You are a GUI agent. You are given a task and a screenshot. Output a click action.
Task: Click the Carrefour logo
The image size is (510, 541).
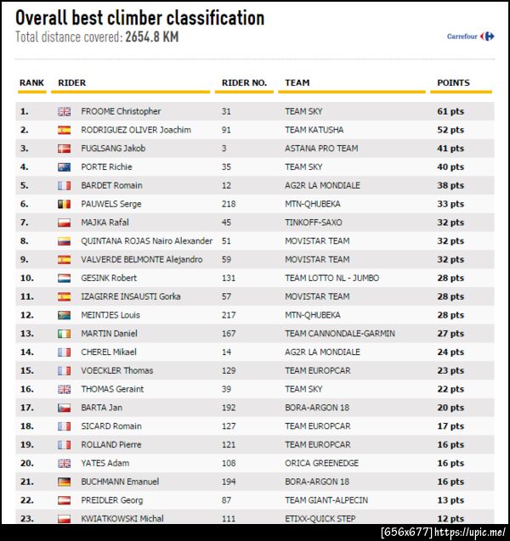pyautogui.click(x=471, y=37)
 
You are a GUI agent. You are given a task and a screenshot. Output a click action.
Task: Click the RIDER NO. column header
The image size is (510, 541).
pyautogui.click(x=244, y=83)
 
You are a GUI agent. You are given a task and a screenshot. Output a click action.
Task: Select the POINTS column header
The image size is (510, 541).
pyautogui.click(x=453, y=83)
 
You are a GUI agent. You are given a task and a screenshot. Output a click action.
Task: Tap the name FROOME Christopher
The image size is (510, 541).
pyautogui.click(x=121, y=111)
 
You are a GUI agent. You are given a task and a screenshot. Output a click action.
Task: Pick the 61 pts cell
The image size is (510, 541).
pyautogui.click(x=450, y=111)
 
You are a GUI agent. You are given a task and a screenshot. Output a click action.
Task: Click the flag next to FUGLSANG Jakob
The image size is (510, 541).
pyautogui.click(x=65, y=149)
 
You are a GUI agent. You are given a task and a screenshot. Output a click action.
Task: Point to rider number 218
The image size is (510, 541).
pyautogui.click(x=229, y=204)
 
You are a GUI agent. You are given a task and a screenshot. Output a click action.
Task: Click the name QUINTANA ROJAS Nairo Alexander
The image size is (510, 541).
pyautogui.click(x=146, y=241)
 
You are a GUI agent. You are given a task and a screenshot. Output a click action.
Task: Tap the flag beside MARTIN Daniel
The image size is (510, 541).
pyautogui.click(x=65, y=334)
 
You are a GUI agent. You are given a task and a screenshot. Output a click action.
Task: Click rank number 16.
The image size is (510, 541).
pyautogui.click(x=25, y=389)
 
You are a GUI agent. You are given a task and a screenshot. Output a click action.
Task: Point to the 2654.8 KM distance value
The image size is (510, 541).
pyautogui.click(x=151, y=37)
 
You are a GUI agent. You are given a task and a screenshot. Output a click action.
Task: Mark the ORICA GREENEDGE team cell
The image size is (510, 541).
pyautogui.click(x=321, y=463)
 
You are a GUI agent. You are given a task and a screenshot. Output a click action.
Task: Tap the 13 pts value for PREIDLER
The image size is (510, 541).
pyautogui.click(x=450, y=500)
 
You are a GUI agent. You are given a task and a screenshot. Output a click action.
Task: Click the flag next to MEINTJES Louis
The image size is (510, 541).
pyautogui.click(x=65, y=315)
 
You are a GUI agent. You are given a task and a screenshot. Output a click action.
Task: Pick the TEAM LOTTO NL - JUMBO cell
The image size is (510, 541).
pyautogui.click(x=331, y=278)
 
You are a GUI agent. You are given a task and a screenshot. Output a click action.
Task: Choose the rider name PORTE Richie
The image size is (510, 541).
pyautogui.click(x=106, y=167)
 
